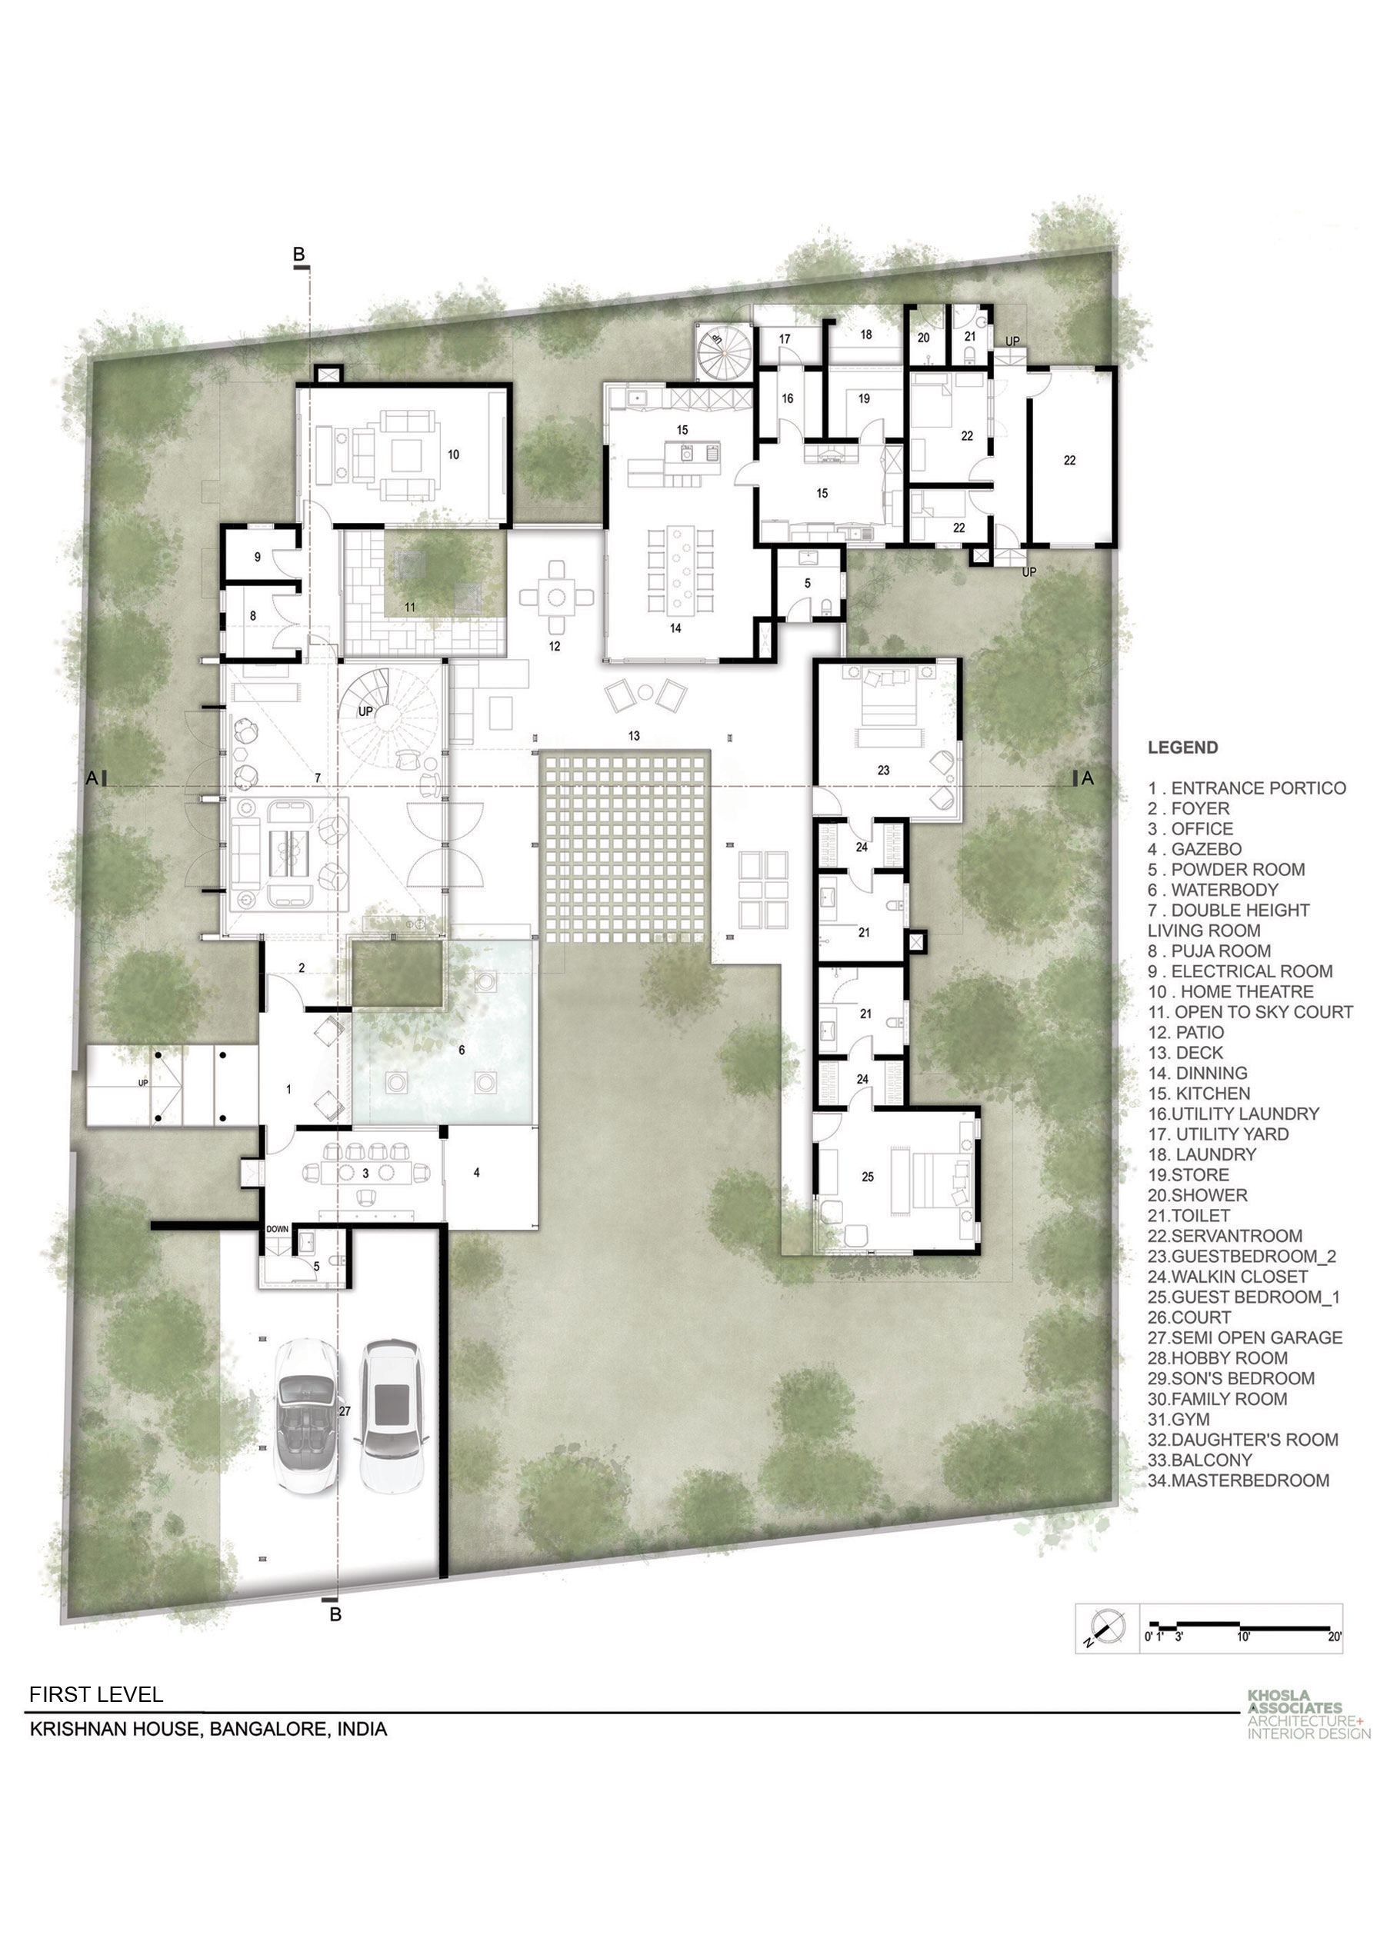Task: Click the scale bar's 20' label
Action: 1335,1637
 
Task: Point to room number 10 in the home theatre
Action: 453,455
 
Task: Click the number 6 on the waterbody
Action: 462,1051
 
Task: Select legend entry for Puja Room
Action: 1210,951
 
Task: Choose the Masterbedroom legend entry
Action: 1239,1480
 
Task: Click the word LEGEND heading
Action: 1182,748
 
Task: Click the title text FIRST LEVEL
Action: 96,1694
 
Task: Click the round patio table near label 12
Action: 556,598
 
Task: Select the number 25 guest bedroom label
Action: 867,1177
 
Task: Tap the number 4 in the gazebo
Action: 477,1173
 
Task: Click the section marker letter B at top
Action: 298,254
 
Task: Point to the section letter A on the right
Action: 1088,778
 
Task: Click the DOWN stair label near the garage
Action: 278,1228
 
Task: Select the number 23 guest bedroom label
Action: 883,771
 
